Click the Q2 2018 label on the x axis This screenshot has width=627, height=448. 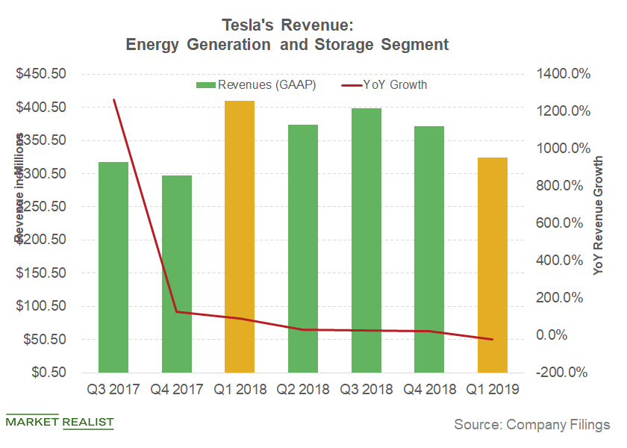click(x=303, y=389)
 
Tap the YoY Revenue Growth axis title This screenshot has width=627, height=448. click(x=599, y=217)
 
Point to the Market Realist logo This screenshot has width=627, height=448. click(x=60, y=423)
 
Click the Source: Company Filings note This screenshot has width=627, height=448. click(x=532, y=424)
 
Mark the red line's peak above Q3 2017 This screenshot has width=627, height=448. click(x=113, y=99)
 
